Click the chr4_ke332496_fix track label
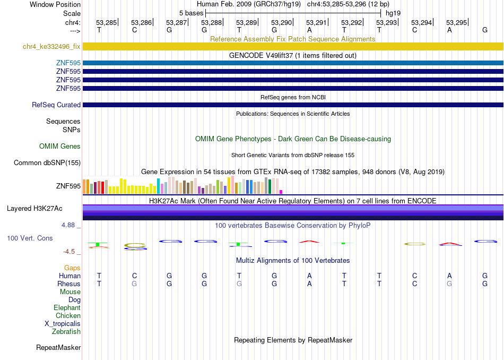(51, 47)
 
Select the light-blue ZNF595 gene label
(68, 63)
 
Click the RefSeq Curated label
(56, 105)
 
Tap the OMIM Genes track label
(60, 147)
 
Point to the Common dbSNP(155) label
(47, 163)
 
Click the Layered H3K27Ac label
(34, 209)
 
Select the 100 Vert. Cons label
(30, 238)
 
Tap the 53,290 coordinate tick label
(281, 22)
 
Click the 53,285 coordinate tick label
(107, 22)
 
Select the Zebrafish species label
(66, 331)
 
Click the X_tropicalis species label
(63, 324)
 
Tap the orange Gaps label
(72, 268)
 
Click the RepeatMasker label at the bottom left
(58, 347)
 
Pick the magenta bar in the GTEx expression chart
(281, 192)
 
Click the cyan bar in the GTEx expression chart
(158, 186)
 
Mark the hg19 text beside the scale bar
(393, 13)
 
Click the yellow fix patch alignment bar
(293, 47)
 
